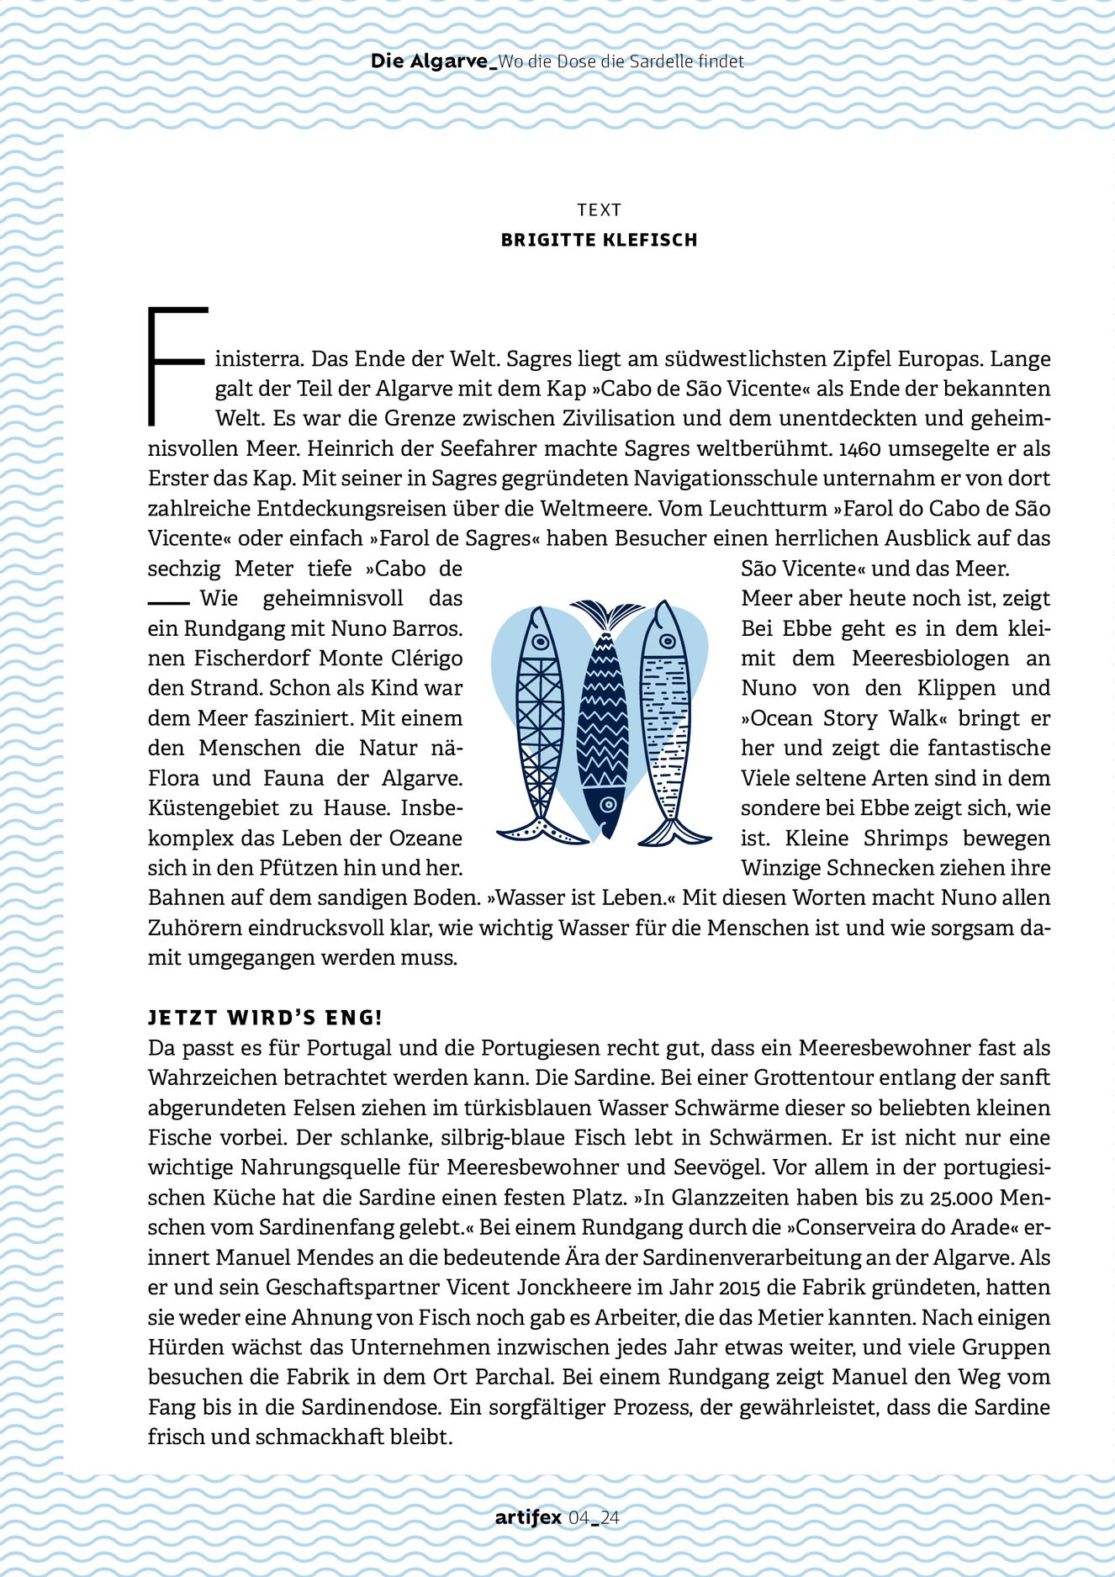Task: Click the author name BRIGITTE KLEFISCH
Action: click(x=599, y=241)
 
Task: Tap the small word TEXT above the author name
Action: click(x=599, y=210)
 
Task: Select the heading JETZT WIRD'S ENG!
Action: click(x=265, y=1018)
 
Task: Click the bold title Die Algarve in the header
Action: click(x=429, y=61)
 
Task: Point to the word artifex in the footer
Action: click(x=528, y=1518)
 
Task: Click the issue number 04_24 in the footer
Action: click(x=594, y=1518)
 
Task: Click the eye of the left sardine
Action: click(x=541, y=642)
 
